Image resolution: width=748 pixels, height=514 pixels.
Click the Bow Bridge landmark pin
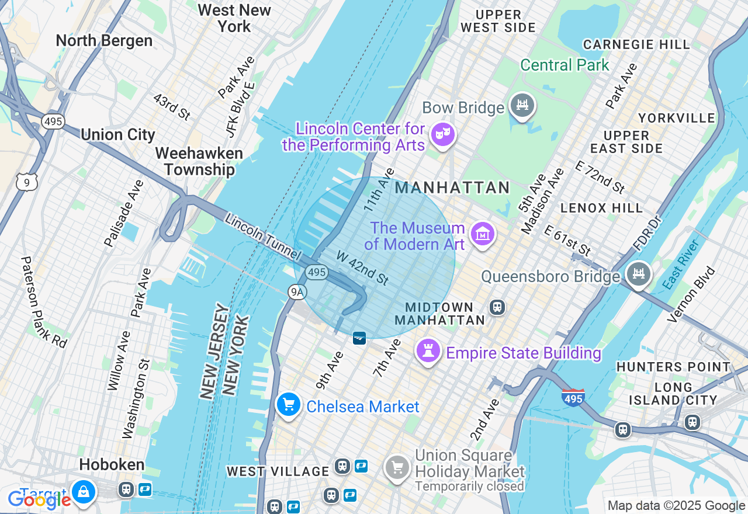point(522,106)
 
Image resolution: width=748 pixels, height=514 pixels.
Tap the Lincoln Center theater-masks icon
point(442,135)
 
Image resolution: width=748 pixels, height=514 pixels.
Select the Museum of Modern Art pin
point(482,235)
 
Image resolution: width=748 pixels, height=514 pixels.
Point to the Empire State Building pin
point(428,352)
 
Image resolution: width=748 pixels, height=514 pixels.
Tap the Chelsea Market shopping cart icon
point(288,405)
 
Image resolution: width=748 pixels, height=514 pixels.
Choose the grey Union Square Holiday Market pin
point(397,468)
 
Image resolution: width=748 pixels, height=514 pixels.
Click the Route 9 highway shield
point(27,182)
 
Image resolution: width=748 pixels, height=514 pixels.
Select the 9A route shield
point(297,291)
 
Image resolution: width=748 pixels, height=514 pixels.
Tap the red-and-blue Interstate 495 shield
point(573,398)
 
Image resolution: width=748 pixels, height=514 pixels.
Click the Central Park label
point(565,65)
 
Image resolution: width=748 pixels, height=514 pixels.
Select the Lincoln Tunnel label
point(262,238)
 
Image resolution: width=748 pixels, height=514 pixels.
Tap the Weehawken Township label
point(199,161)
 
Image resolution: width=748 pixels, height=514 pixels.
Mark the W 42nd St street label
point(362,268)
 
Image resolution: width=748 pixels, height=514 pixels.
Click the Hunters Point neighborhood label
point(673,367)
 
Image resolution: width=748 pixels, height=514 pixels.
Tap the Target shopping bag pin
point(84,492)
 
